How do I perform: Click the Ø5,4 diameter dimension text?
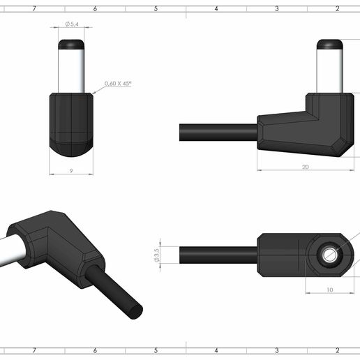tap(72, 24)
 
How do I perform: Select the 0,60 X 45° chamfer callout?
tap(118, 84)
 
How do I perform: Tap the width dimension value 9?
tap(71, 170)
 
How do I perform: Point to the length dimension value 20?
tap(306, 167)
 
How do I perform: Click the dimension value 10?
tap(329, 289)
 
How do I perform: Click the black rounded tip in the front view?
tap(72, 44)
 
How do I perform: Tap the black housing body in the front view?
tap(72, 122)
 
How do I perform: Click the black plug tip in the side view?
tap(329, 44)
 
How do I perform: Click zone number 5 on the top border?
tap(156, 8)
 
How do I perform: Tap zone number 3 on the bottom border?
tap(277, 350)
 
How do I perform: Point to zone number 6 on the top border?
tap(95, 8)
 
